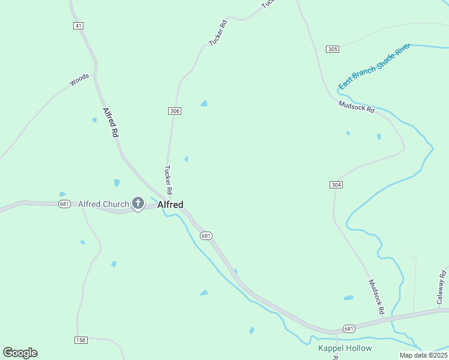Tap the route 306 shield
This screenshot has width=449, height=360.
click(175, 111)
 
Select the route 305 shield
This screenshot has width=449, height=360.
click(333, 49)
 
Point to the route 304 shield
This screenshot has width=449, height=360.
click(336, 185)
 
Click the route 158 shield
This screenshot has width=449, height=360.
click(81, 340)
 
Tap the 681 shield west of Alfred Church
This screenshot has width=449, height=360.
click(65, 204)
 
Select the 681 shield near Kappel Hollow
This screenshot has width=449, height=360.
click(349, 328)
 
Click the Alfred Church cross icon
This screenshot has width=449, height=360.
click(138, 204)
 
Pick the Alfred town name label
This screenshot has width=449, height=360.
click(170, 205)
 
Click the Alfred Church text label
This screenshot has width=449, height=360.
click(103, 204)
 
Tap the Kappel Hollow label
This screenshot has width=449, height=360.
click(345, 348)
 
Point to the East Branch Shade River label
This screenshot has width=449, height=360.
click(373, 67)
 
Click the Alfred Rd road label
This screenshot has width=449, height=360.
click(110, 123)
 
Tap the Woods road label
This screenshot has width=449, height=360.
click(79, 80)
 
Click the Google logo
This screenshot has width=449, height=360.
click(20, 353)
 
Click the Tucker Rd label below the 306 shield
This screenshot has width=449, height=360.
click(169, 179)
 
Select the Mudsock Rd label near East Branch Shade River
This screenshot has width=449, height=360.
click(356, 107)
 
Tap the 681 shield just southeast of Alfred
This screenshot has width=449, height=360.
click(206, 236)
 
